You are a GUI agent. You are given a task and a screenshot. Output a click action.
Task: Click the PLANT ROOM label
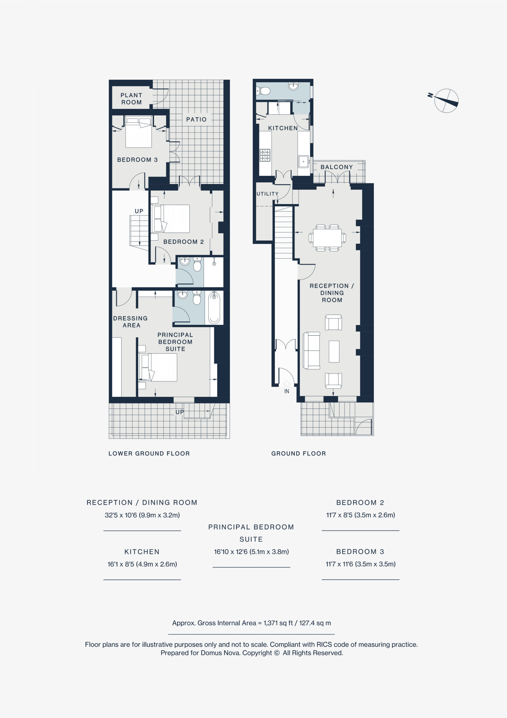131,98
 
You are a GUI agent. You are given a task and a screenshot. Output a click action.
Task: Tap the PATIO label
196,119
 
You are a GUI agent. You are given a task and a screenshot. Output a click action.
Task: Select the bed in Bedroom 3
139,132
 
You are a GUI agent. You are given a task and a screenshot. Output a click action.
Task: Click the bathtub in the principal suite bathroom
214,307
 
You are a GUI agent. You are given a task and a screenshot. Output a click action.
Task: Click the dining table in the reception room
327,238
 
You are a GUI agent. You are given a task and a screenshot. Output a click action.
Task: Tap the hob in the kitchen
265,155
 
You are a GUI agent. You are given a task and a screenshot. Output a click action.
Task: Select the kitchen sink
303,162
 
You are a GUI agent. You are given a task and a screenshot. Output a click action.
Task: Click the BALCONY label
337,167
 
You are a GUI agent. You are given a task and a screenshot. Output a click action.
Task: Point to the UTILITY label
267,194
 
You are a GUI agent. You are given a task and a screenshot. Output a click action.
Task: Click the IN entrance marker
287,391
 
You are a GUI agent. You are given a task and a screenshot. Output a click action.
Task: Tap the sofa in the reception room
312,351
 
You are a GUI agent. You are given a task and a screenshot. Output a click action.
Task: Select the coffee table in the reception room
334,351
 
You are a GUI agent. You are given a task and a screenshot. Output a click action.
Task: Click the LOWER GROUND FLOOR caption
149,454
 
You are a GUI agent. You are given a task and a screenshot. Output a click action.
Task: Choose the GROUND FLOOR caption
298,454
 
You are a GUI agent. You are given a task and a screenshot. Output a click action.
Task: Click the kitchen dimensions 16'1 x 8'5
142,564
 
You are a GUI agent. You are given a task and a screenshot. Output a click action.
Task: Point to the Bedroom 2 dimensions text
360,515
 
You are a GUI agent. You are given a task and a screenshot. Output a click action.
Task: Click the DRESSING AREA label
130,322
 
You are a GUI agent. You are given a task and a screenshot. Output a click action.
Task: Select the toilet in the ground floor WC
263,91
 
